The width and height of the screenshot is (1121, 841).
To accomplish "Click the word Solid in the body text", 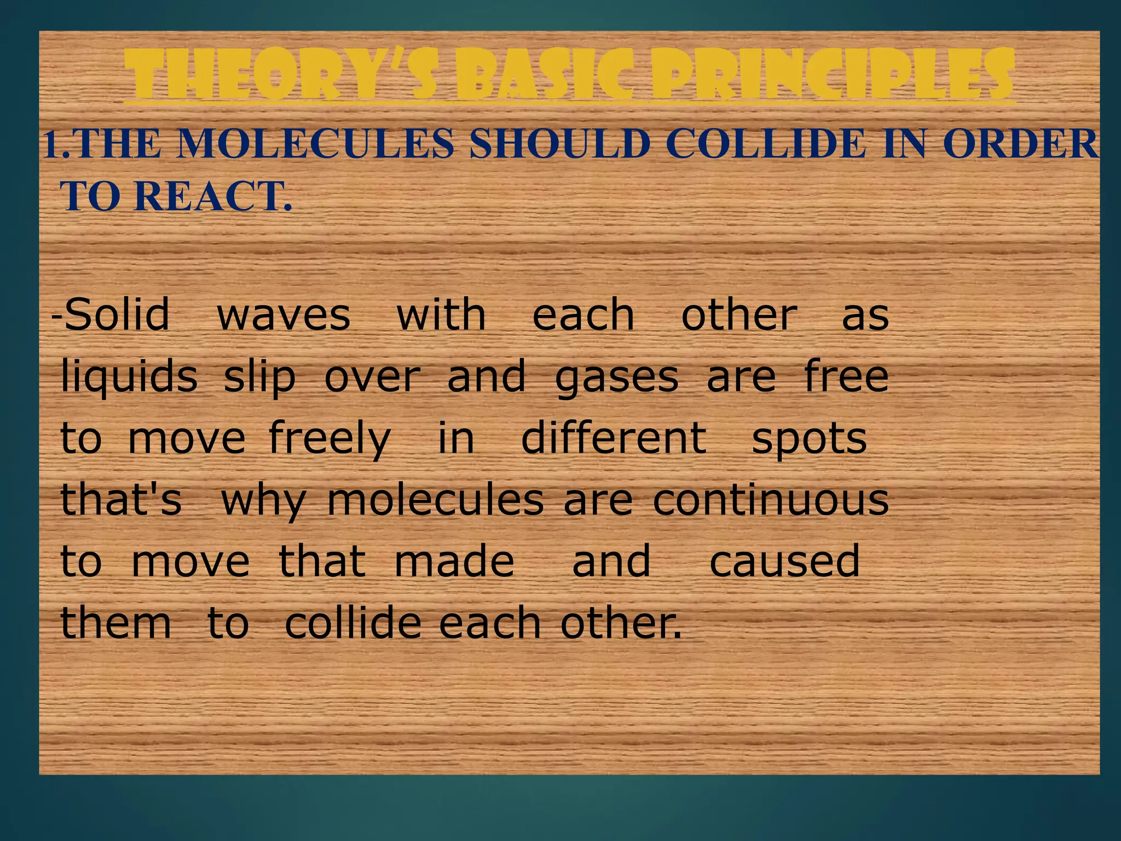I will [117, 314].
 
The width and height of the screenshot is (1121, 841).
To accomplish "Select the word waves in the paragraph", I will [284, 315].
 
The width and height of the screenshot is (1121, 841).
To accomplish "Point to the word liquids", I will [129, 377].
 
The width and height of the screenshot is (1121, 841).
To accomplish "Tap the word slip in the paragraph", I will [259, 377].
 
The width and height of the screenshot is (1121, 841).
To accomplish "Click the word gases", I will [617, 378].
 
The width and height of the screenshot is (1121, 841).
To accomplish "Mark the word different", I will [614, 438].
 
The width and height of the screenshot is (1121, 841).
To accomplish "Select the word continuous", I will [771, 500].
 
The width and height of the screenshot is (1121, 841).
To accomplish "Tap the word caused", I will [785, 561].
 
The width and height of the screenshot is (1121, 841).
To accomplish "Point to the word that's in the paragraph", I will [120, 499].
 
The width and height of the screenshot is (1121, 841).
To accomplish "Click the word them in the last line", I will [115, 623].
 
